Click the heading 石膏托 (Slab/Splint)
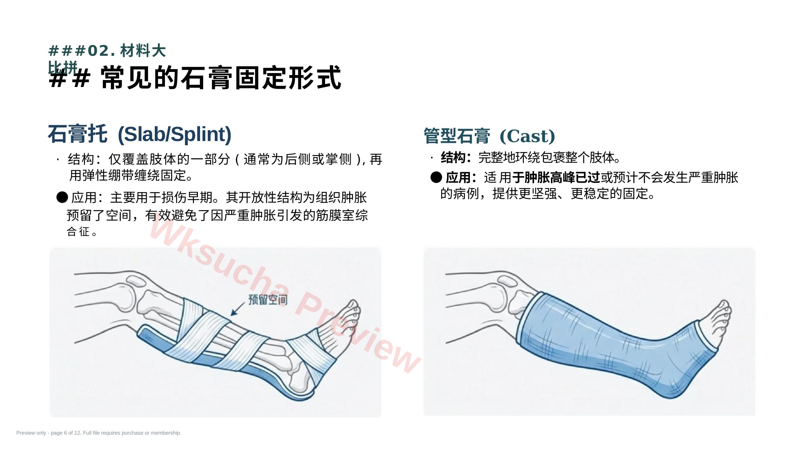coord(140,134)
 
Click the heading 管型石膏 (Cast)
coord(489,136)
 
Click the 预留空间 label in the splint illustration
coord(268,300)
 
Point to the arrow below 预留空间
coord(238,309)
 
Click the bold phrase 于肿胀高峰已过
coord(556,177)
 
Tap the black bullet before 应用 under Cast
coord(436,177)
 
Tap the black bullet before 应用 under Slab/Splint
coord(62,197)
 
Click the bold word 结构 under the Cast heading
coord(453,158)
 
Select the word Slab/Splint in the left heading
coord(174,134)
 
